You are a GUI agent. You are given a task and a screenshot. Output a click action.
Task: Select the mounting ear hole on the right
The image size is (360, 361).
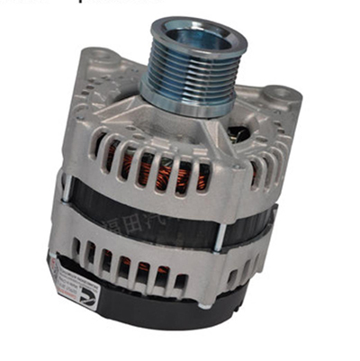coord(280,93)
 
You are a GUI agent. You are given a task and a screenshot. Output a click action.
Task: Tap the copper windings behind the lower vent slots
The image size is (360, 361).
coord(144,266)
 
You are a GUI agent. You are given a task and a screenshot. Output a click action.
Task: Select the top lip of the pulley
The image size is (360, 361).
coord(199,20)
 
